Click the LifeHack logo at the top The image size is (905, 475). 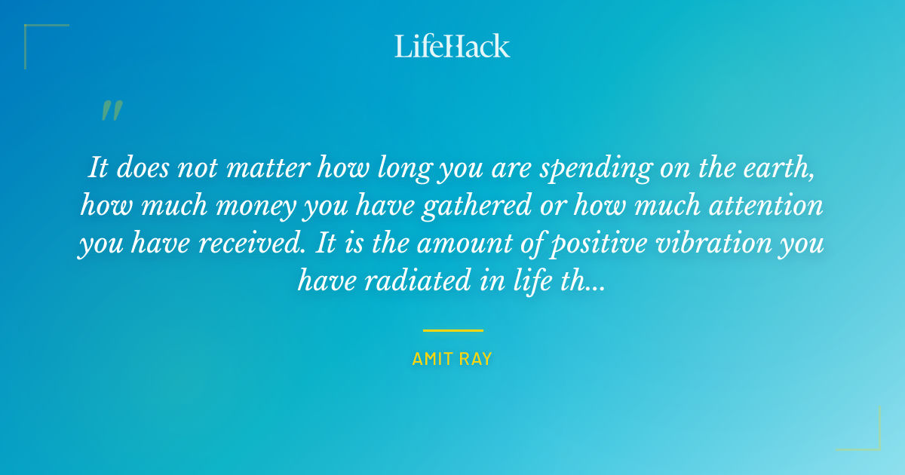pos(452,46)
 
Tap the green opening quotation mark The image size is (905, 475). pos(111,112)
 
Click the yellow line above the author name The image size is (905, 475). pos(452,330)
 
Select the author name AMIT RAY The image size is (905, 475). pos(452,360)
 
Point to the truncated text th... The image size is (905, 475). pos(569,283)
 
